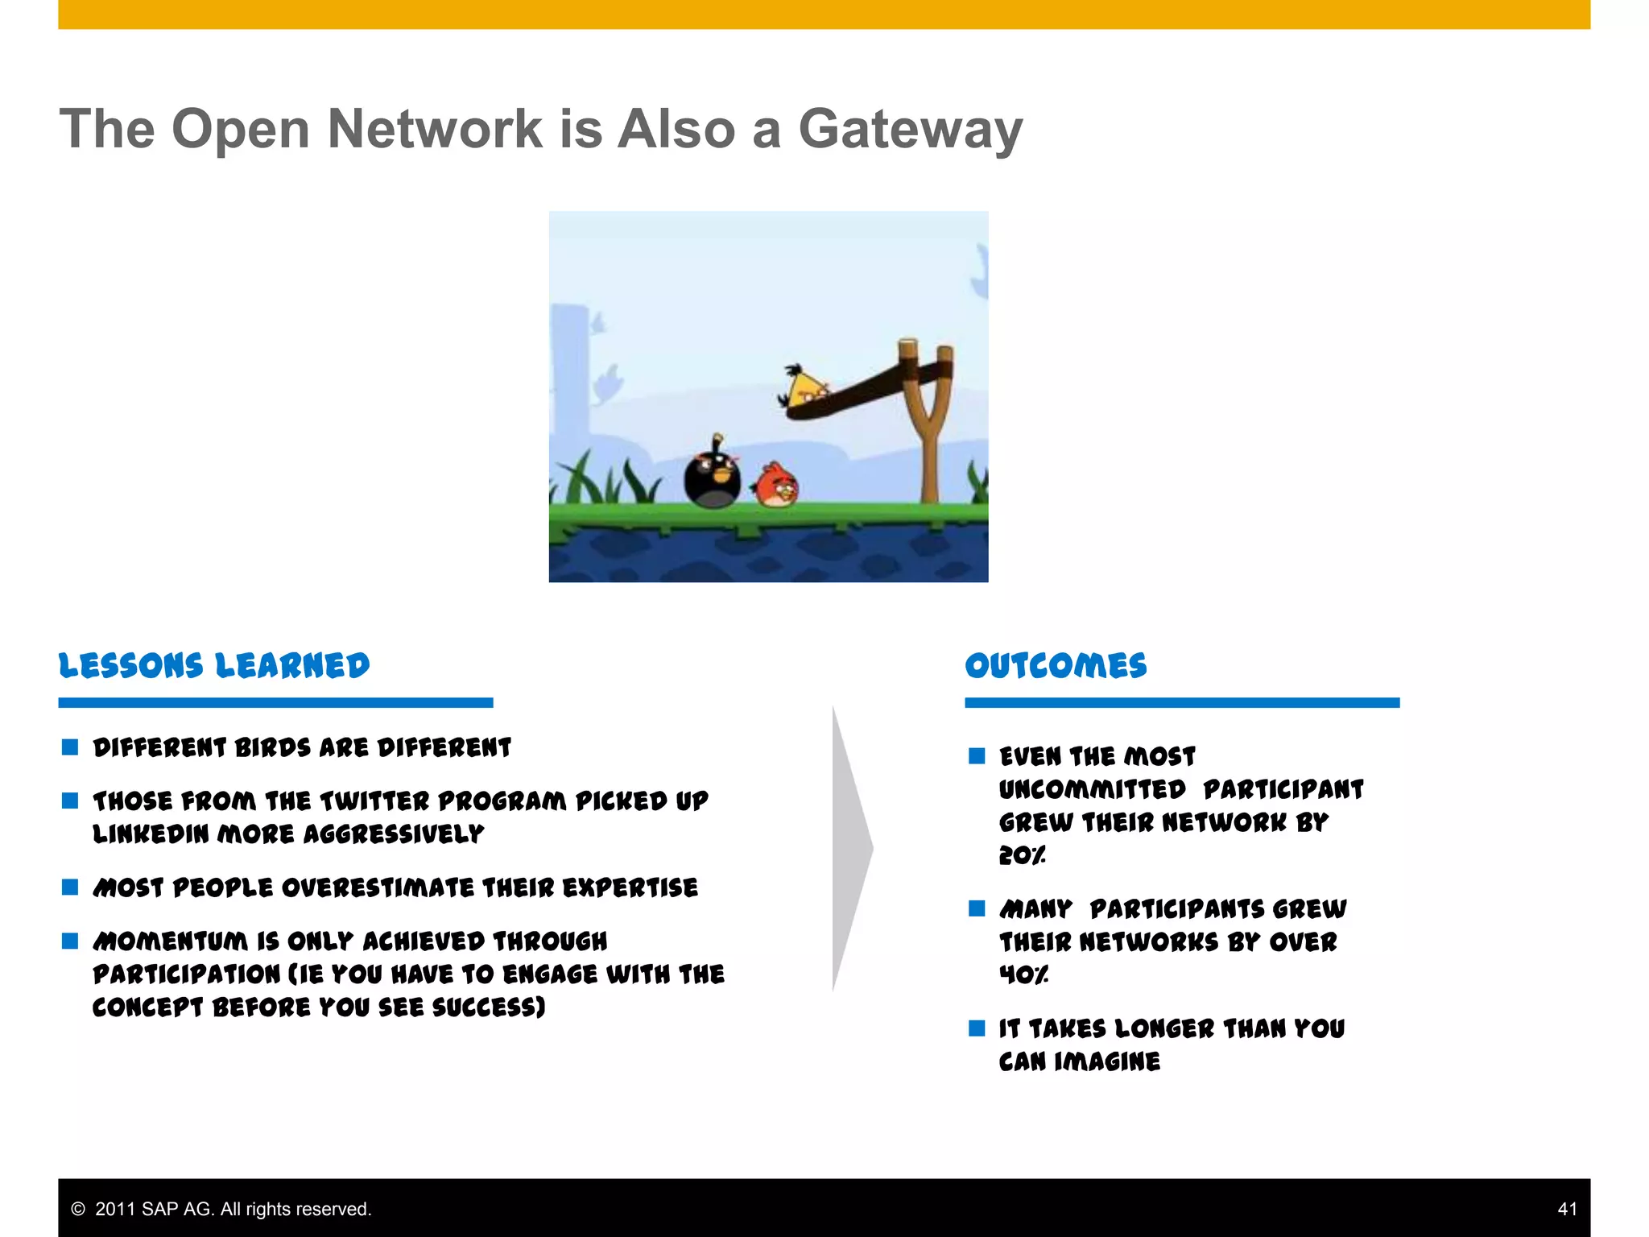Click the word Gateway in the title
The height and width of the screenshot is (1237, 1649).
(910, 130)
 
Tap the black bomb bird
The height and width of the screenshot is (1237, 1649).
(712, 478)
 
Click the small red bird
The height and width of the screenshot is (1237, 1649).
(776, 485)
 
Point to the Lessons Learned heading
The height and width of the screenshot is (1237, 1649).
(214, 666)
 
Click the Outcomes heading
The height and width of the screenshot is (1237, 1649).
(1056, 666)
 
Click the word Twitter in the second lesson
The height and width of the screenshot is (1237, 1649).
(374, 801)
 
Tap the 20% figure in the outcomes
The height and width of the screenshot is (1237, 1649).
(1022, 855)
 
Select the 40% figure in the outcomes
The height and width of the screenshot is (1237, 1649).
(1023, 975)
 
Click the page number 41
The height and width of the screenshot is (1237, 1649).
(1567, 1209)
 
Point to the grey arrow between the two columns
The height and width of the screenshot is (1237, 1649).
(852, 848)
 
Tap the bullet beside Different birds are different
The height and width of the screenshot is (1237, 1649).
(70, 747)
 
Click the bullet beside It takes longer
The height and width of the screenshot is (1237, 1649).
(977, 1028)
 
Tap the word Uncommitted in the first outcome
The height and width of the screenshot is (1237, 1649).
(1092, 789)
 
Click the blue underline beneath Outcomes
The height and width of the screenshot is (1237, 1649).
(1181, 703)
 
